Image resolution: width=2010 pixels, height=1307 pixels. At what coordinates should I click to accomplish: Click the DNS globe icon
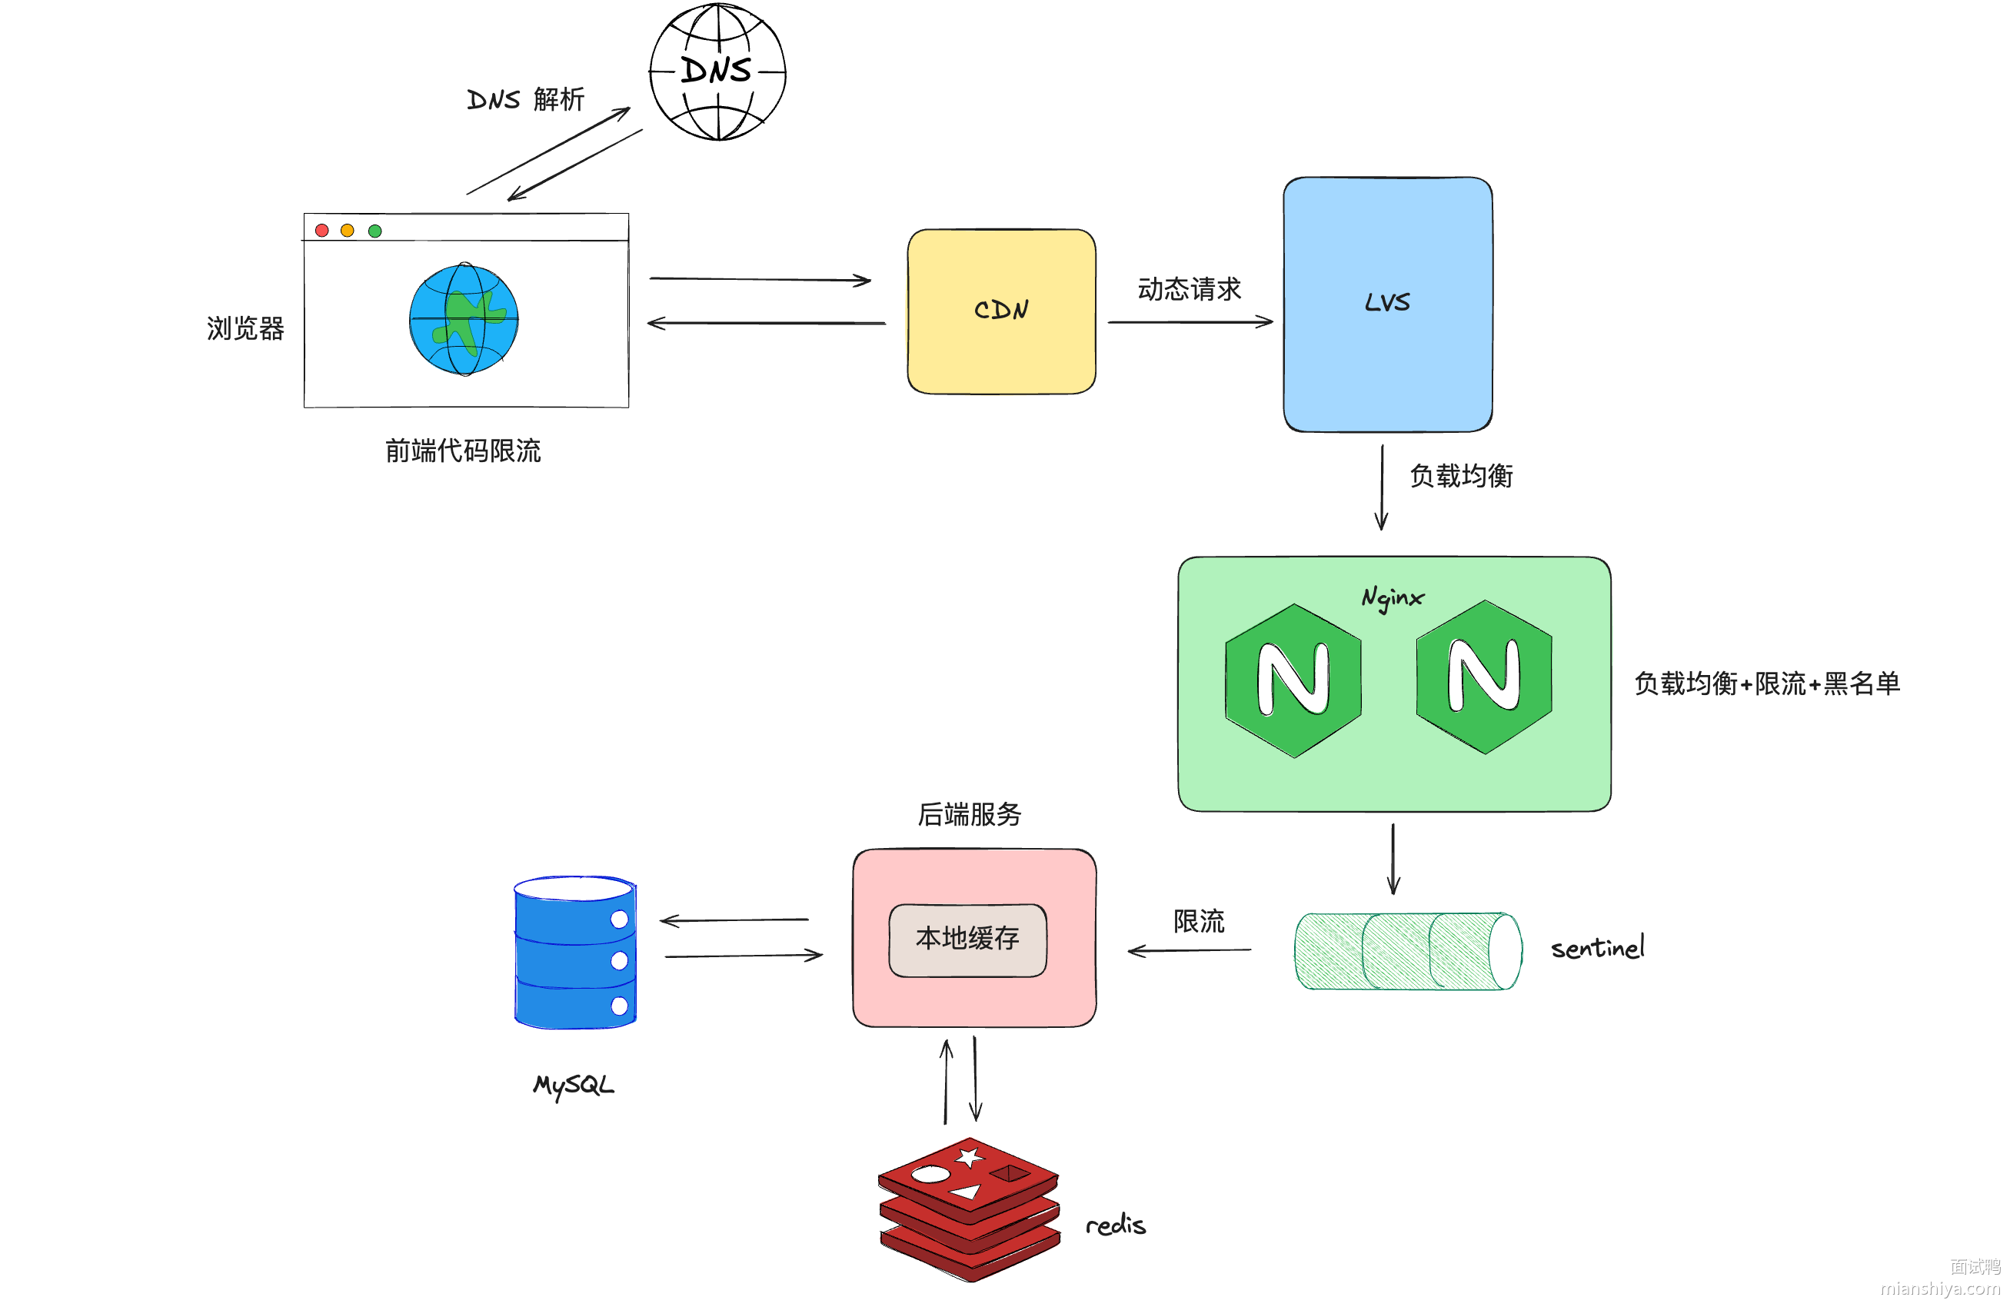click(x=717, y=72)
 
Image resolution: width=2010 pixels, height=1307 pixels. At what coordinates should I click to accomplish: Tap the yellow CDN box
click(x=1001, y=311)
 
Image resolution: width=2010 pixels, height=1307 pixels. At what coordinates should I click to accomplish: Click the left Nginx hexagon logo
click(x=1293, y=680)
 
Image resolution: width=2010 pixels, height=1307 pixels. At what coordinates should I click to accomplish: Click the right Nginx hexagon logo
click(x=1484, y=677)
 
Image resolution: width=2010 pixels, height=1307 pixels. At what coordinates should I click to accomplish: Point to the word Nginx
click(x=1392, y=598)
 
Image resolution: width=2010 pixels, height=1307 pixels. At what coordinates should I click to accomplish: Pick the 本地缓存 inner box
click(x=967, y=940)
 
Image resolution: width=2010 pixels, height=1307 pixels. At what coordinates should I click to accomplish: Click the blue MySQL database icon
click(x=575, y=952)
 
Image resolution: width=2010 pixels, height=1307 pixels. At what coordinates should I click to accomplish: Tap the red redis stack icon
click(x=969, y=1209)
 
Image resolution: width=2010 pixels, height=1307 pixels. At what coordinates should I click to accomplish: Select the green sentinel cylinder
click(x=1407, y=951)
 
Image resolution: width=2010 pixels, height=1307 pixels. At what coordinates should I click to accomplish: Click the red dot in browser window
click(x=321, y=231)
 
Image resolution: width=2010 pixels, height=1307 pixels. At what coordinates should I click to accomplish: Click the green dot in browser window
click(x=375, y=231)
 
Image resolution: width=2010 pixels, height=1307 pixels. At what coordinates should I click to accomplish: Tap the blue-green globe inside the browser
click(x=464, y=320)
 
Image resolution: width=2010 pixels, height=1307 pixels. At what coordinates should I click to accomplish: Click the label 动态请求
click(x=1189, y=290)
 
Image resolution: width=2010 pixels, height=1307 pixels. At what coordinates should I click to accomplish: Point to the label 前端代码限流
click(x=463, y=451)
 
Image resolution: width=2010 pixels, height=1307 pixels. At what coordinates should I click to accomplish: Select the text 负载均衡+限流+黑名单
click(x=1767, y=683)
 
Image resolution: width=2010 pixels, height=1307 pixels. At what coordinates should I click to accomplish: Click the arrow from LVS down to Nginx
click(x=1382, y=487)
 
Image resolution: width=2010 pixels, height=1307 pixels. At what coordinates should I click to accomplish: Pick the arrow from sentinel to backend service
click(x=1189, y=951)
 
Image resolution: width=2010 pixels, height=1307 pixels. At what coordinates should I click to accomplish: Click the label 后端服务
click(x=970, y=814)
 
